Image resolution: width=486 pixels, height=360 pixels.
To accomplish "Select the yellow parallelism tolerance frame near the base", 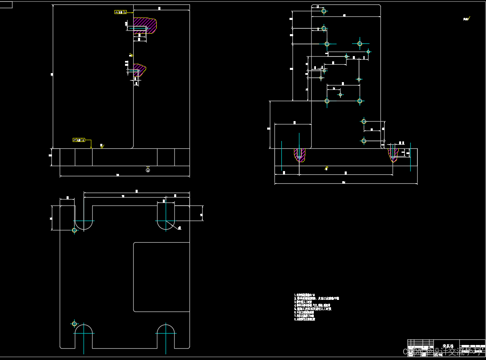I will click(79, 140).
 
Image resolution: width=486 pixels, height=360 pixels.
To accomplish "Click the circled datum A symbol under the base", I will click(148, 170).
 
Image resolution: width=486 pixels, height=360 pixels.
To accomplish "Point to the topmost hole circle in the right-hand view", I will click(324, 11).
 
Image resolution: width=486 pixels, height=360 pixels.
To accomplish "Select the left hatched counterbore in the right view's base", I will click(300, 155).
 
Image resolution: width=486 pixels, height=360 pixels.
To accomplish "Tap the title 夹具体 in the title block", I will click(447, 346).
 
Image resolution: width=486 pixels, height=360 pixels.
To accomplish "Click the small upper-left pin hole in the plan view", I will click(74, 230).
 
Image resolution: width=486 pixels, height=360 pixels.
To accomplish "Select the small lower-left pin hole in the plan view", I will click(74, 324).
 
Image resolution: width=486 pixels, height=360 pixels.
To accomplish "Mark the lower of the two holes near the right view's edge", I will click(364, 141).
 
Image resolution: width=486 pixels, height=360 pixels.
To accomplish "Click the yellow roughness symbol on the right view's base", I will click(326, 168).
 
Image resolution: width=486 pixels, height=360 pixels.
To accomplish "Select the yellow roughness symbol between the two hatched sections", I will click(131, 55).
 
